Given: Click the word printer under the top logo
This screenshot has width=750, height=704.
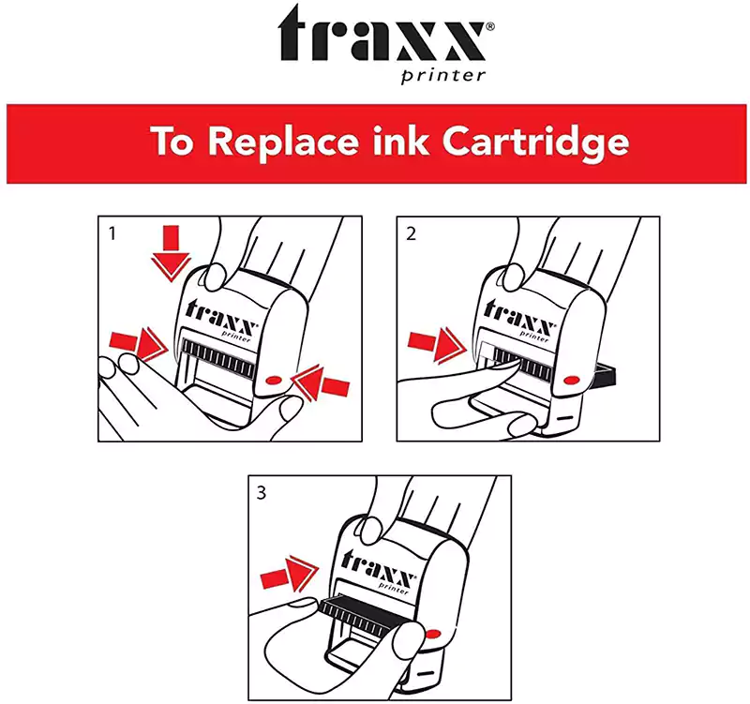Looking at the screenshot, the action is [443, 76].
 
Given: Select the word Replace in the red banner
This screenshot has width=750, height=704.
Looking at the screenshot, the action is [283, 142].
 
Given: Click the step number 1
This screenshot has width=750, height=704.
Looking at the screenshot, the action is [112, 233].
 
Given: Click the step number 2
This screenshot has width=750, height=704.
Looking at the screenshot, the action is [411, 233].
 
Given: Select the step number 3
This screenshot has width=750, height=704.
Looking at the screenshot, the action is [262, 492].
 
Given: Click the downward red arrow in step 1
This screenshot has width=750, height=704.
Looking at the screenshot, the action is [171, 253].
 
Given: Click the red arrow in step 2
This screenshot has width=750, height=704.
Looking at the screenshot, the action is [437, 345].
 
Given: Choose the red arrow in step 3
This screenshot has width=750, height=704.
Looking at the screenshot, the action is [290, 574].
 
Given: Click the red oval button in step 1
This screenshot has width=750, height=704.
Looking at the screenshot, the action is [273, 380].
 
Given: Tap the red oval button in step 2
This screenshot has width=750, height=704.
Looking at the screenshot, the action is [572, 381].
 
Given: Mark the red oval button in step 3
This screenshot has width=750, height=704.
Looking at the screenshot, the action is [433, 635].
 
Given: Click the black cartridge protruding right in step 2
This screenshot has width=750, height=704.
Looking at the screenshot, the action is [604, 373].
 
